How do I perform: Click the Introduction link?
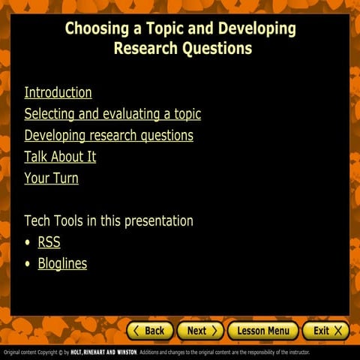point(58,93)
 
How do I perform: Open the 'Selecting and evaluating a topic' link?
point(112,114)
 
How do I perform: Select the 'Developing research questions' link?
point(109,136)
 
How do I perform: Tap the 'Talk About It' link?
point(60,157)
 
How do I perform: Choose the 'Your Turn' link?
point(51,178)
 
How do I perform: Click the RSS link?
point(49,242)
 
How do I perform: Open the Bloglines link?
point(62,263)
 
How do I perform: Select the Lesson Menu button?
point(262,331)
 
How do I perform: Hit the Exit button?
point(326,331)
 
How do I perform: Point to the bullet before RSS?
point(28,243)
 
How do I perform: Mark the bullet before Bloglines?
point(28,264)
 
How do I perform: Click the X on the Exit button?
point(338,331)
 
